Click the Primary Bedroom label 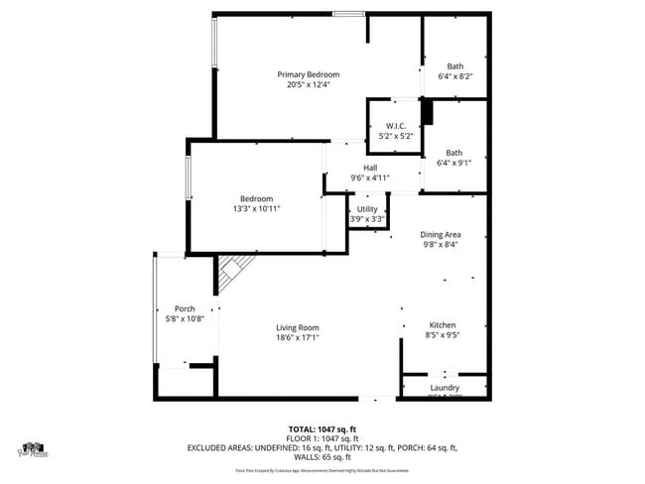coord(308,74)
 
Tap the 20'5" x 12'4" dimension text coord(308,84)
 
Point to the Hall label coord(370,167)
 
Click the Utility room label coord(367,208)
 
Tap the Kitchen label coord(442,325)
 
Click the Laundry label coord(444,387)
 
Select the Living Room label coord(297,327)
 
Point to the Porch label coord(185,308)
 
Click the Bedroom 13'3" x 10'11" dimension coord(257,209)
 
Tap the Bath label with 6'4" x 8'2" coord(454,66)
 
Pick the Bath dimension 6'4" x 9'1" coord(454,163)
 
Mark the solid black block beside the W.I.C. coord(428,112)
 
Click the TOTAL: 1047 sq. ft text coord(322,427)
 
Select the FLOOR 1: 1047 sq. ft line coord(322,437)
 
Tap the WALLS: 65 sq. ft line coord(322,457)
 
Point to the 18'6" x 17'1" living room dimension coord(297,337)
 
